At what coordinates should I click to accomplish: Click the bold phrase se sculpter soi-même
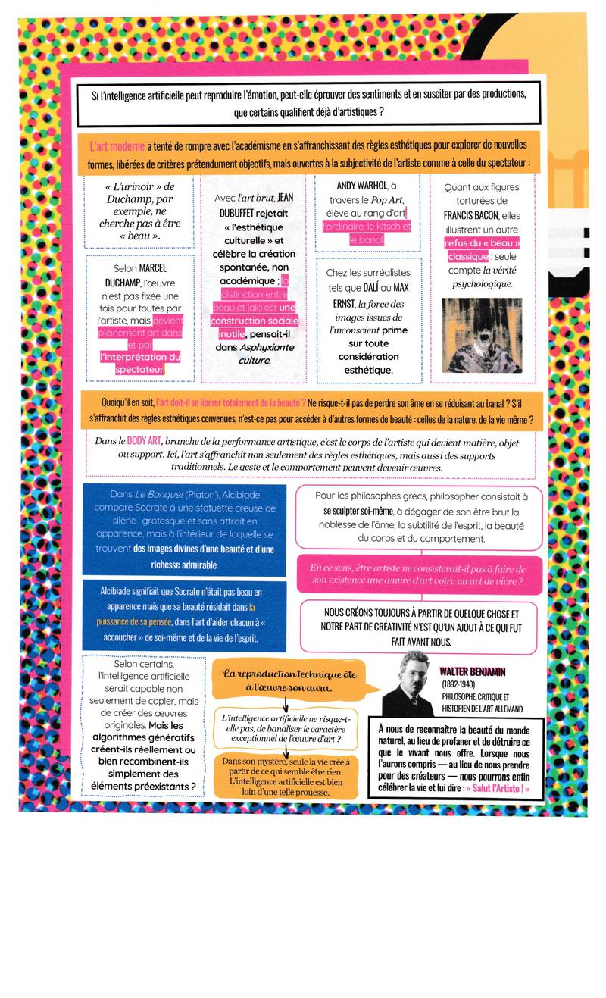355,510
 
